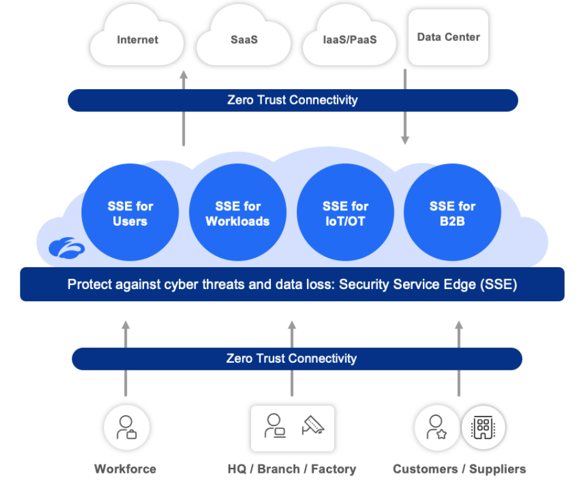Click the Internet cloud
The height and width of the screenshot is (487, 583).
point(137,40)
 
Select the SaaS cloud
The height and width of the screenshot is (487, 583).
point(243,40)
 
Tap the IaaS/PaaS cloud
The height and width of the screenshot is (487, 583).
point(350,40)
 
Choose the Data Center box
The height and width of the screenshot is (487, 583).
point(448,37)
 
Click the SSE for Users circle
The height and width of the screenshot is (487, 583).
point(130,213)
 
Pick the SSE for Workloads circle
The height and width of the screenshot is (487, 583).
point(238,213)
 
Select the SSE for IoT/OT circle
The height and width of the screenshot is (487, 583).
point(345,213)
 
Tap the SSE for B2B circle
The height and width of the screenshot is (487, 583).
point(452,213)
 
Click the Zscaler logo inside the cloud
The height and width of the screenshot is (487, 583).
point(67,248)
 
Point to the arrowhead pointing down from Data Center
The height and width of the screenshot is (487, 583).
point(405,140)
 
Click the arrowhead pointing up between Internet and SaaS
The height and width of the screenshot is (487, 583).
point(184,76)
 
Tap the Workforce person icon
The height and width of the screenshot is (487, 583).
point(126,427)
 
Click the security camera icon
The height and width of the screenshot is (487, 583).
point(313,426)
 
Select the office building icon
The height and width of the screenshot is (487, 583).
point(484,427)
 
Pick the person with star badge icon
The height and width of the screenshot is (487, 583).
point(436,427)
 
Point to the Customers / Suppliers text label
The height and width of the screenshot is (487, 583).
point(459,469)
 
